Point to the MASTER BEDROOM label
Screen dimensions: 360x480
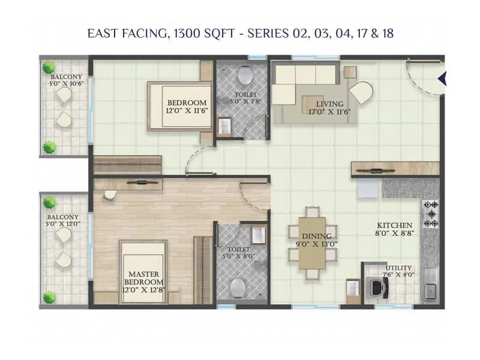pos(144,278)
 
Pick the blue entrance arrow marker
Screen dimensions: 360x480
pos(443,78)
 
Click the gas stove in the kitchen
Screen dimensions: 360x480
pos(430,214)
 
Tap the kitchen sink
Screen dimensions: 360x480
pos(430,291)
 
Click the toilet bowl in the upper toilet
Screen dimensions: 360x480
pos(244,75)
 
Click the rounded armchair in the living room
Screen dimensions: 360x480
pos(361,93)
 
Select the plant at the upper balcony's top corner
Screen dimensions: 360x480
pos(49,67)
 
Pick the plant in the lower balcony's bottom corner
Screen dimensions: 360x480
pos(50,296)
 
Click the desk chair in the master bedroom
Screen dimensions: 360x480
pos(110,195)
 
